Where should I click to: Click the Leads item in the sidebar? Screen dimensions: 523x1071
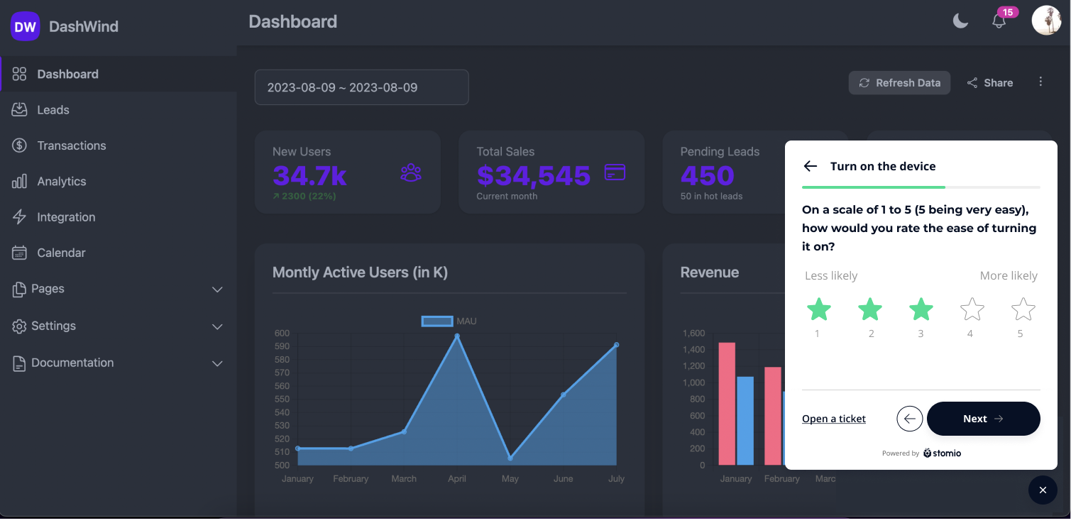pyautogui.click(x=53, y=110)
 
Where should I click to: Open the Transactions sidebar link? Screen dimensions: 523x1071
pyautogui.click(x=71, y=145)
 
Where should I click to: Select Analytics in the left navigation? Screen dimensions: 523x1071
pyautogui.click(x=61, y=182)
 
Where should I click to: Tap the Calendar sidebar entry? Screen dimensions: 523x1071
pyautogui.click(x=61, y=253)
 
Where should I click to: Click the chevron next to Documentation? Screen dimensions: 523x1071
pyautogui.click(x=218, y=363)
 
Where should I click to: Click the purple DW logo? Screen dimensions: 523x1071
pyautogui.click(x=25, y=27)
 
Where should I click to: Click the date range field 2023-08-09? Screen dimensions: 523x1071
pyautogui.click(x=361, y=87)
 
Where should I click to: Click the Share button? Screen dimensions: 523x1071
pyautogui.click(x=989, y=83)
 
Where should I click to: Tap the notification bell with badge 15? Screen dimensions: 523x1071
pyautogui.click(x=999, y=21)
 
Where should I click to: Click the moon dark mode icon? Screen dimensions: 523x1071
pyautogui.click(x=960, y=21)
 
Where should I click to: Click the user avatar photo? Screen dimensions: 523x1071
pyautogui.click(x=1045, y=21)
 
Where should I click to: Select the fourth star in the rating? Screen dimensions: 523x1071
pyautogui.click(x=972, y=309)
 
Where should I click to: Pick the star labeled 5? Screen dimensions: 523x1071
pyautogui.click(x=1023, y=309)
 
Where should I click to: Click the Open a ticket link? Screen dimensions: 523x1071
pyautogui.click(x=833, y=419)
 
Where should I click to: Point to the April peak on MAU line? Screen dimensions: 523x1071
pyautogui.click(x=457, y=336)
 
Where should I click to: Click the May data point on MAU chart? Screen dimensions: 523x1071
pyautogui.click(x=510, y=458)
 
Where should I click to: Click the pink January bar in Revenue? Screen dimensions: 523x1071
pyautogui.click(x=727, y=404)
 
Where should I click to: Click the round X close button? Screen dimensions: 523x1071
pyautogui.click(x=1043, y=490)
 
